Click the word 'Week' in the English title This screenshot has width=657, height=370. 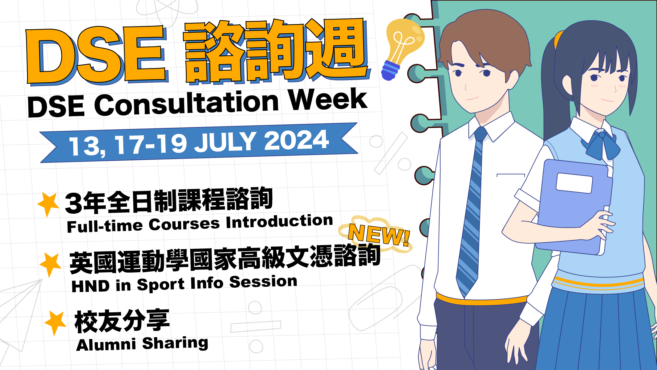click(x=328, y=99)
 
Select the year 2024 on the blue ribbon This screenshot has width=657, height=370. click(x=296, y=141)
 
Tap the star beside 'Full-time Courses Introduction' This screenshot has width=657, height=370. click(x=48, y=204)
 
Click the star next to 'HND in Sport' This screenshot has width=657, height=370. click(x=51, y=265)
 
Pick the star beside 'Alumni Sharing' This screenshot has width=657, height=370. click(x=55, y=323)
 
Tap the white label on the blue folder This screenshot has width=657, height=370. click(x=574, y=183)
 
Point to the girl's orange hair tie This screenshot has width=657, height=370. click(x=558, y=40)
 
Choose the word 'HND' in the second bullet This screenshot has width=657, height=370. click(x=90, y=286)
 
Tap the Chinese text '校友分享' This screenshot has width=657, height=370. click(x=122, y=321)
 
